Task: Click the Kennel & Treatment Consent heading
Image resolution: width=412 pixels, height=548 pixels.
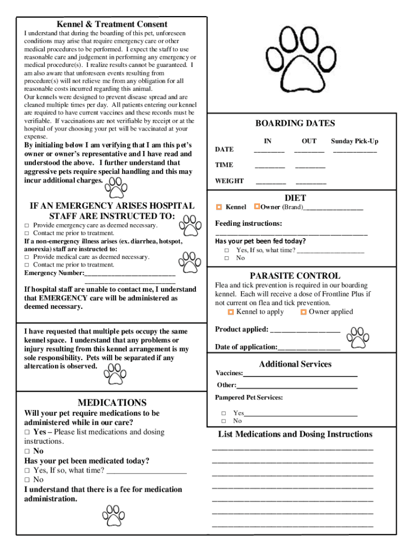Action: pos(112,24)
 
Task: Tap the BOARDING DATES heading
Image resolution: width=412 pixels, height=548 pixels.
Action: pos(295,124)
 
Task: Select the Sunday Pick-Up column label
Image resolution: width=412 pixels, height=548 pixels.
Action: pos(354,141)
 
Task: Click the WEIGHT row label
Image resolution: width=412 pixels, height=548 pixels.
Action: pos(229,181)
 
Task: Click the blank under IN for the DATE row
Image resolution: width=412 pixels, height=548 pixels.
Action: pos(269,150)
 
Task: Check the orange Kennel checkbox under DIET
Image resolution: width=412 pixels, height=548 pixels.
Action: pos(219,207)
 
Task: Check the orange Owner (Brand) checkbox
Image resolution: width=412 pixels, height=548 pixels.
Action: pos(257,207)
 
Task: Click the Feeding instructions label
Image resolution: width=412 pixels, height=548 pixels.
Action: pos(248,223)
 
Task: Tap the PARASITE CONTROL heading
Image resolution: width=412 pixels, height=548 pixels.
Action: pos(295,276)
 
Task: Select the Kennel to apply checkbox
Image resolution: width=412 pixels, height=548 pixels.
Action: pos(231,312)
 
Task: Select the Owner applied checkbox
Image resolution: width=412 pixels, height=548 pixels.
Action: pos(303,312)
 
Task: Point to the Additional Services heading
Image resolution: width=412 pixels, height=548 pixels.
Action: pos(295,364)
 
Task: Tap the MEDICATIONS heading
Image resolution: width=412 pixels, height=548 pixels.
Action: pos(112,402)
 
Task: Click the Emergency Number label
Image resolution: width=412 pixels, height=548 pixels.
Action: pos(54,273)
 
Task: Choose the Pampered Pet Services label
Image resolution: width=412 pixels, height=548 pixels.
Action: pos(249,398)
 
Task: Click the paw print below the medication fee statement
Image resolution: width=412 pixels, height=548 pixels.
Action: pos(113,515)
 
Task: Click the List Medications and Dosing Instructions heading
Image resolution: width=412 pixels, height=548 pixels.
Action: pos(295,434)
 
